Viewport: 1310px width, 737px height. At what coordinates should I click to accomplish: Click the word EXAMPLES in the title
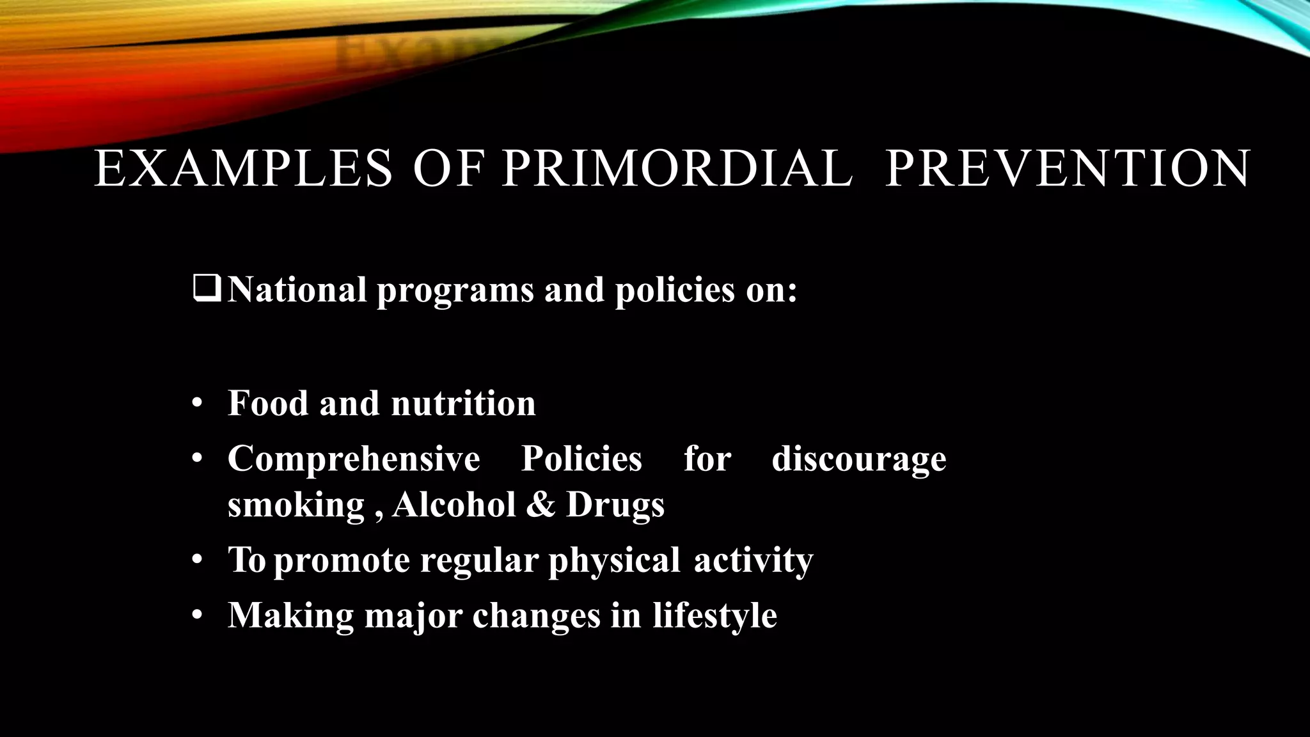pyautogui.click(x=243, y=169)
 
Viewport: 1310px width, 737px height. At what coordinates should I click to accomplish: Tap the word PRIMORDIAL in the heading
pyautogui.click(x=677, y=169)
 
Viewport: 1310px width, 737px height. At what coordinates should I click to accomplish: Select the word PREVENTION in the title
pyautogui.click(x=1067, y=169)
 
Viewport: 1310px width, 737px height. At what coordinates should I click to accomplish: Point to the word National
pyautogui.click(x=297, y=290)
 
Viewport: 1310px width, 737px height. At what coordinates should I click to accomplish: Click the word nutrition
pyautogui.click(x=463, y=404)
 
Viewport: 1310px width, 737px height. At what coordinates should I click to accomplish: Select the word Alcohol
pyautogui.click(x=454, y=505)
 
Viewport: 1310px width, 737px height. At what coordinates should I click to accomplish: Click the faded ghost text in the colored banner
pyautogui.click(x=409, y=54)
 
